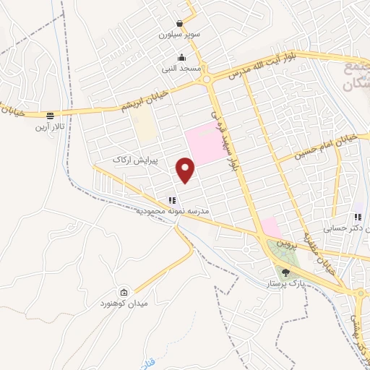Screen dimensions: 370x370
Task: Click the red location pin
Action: [186, 169]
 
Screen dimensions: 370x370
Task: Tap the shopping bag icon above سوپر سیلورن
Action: [178, 24]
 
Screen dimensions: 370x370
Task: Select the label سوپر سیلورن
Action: [178, 35]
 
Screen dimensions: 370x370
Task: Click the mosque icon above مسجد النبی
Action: [181, 58]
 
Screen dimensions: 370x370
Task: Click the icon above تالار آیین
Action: [50, 115]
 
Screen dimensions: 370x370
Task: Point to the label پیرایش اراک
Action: [134, 157]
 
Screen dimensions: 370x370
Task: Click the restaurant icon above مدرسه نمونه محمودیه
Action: [172, 200]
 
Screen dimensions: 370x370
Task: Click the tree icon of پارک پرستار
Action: [286, 272]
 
